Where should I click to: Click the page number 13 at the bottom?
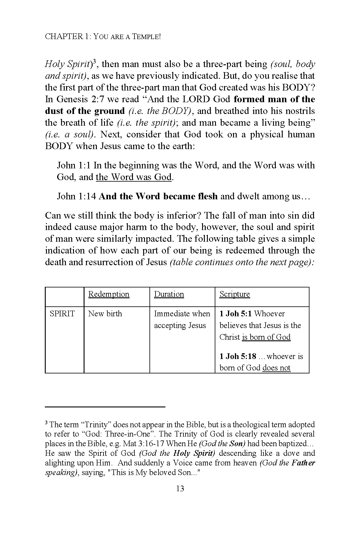tap(180, 489)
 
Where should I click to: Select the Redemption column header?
tap(109, 294)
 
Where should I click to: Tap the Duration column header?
tap(169, 294)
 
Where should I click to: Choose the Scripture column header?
tap(235, 294)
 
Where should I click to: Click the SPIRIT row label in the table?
tap(62, 314)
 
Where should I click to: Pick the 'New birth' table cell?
tap(105, 314)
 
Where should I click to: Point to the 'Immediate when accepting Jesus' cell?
tap(182, 319)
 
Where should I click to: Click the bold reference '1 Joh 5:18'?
tap(238, 356)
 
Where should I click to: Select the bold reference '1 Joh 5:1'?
tap(235, 314)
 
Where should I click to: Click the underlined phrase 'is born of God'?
tap(266, 337)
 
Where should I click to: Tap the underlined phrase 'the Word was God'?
tap(134, 177)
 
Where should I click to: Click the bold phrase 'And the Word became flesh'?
tap(158, 196)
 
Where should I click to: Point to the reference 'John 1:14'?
tap(76, 196)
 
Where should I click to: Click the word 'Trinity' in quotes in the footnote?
tap(97, 425)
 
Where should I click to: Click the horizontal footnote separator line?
tap(105, 407)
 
